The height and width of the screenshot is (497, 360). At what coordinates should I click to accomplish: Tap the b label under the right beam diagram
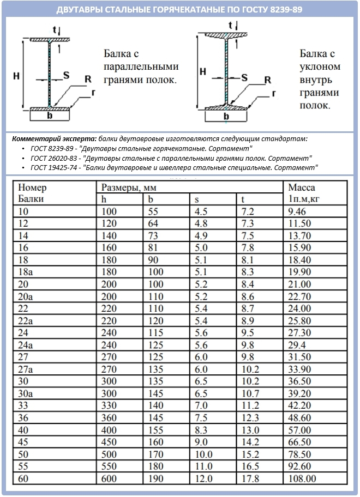(226, 116)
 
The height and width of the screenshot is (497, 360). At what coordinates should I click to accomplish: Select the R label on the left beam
(88, 80)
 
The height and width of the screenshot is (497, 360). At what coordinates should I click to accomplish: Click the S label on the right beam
(244, 78)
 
